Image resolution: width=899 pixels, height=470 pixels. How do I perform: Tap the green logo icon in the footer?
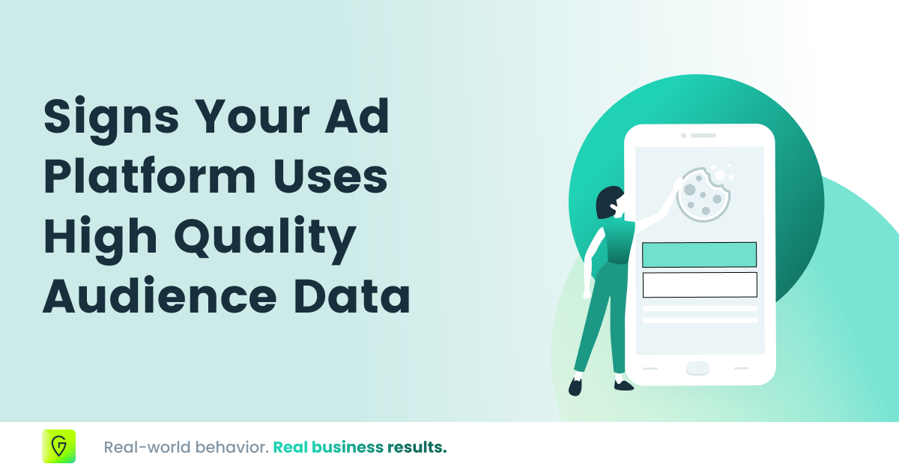59,447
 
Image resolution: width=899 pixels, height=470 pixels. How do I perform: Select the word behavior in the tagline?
229,448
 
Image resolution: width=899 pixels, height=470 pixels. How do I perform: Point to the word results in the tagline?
417,448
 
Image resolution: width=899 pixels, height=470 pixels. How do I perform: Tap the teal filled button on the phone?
699,255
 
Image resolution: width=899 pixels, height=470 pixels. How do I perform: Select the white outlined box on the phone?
699,285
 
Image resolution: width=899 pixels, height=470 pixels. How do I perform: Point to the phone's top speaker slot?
703,136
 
